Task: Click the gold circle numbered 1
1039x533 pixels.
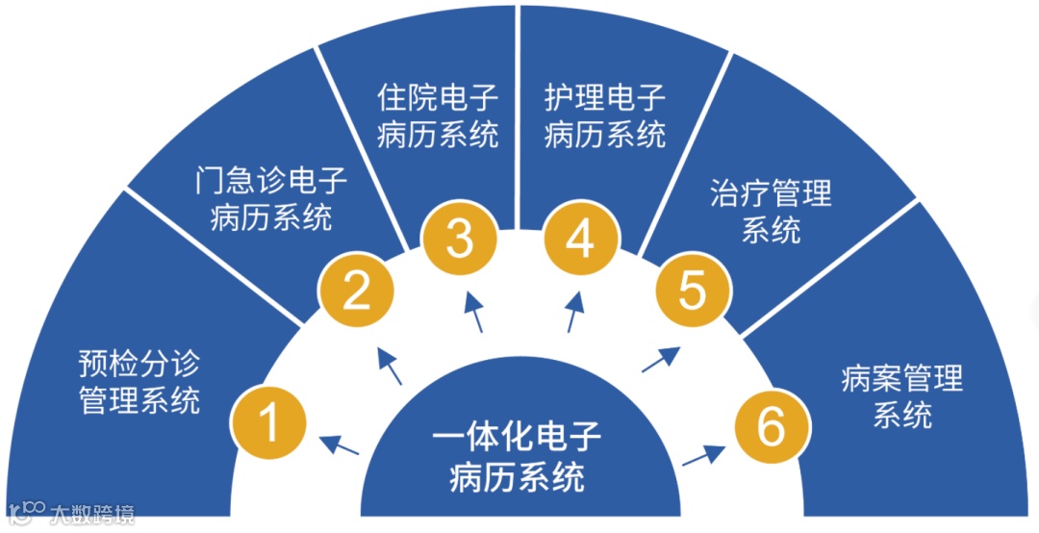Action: [269, 421]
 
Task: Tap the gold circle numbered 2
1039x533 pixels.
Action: [357, 290]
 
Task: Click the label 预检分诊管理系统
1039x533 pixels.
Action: [139, 381]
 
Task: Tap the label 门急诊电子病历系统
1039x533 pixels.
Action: [270, 198]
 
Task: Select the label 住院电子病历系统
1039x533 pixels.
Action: [438, 116]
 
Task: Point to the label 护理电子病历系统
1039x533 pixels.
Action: [605, 116]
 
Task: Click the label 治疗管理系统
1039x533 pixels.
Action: [771, 212]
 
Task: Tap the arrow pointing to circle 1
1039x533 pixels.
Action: [339, 445]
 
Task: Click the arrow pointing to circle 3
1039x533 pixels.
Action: [475, 312]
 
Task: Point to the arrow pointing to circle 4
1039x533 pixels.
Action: [574, 312]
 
